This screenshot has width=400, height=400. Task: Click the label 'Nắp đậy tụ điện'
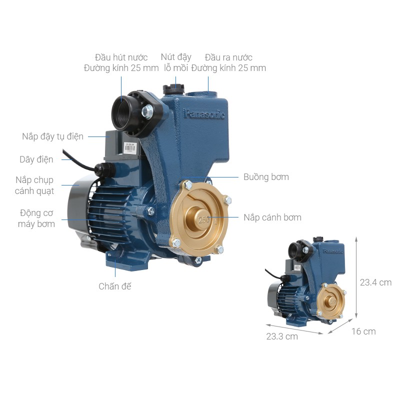(x=53, y=136)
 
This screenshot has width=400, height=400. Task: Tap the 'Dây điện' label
(x=36, y=159)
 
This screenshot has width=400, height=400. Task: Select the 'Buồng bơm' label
(x=266, y=177)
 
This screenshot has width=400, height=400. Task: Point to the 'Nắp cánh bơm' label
(x=272, y=217)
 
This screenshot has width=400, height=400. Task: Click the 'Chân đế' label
(x=115, y=286)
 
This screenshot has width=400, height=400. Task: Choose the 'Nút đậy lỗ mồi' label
(x=176, y=62)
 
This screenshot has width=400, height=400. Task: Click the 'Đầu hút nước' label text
(x=121, y=57)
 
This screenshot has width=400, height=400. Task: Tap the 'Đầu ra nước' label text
(x=228, y=57)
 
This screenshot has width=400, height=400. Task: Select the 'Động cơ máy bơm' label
(x=36, y=218)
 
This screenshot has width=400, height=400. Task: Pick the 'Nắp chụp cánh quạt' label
(x=34, y=185)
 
